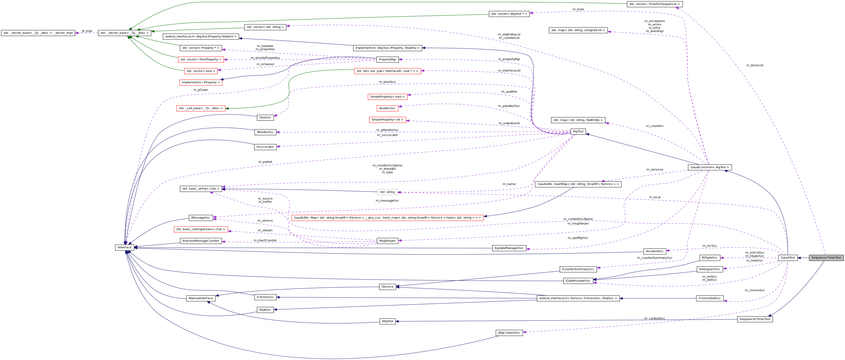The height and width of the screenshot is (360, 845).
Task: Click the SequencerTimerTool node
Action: click(x=826, y=258)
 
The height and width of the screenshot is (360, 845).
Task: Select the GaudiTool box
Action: click(x=788, y=258)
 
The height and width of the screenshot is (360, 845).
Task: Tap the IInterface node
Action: click(x=124, y=247)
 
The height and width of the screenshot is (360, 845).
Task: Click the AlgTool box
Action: click(x=578, y=132)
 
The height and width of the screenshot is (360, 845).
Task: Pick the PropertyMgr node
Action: click(x=387, y=59)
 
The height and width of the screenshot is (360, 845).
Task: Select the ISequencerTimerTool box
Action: click(x=755, y=319)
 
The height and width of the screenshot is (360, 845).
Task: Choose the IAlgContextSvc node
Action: click(x=509, y=333)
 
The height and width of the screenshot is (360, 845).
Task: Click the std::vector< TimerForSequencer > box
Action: click(x=654, y=4)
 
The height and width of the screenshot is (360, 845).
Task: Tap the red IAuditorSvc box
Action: click(x=387, y=108)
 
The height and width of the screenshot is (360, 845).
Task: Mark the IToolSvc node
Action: click(x=265, y=118)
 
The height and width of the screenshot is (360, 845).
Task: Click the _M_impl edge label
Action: click(x=87, y=31)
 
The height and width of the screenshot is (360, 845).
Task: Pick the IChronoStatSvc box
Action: click(x=710, y=298)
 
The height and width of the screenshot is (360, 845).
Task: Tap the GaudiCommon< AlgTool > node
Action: click(x=710, y=167)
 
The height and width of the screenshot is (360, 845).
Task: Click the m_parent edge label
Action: click(x=265, y=162)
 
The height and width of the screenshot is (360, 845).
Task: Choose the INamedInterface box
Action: click(x=201, y=298)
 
